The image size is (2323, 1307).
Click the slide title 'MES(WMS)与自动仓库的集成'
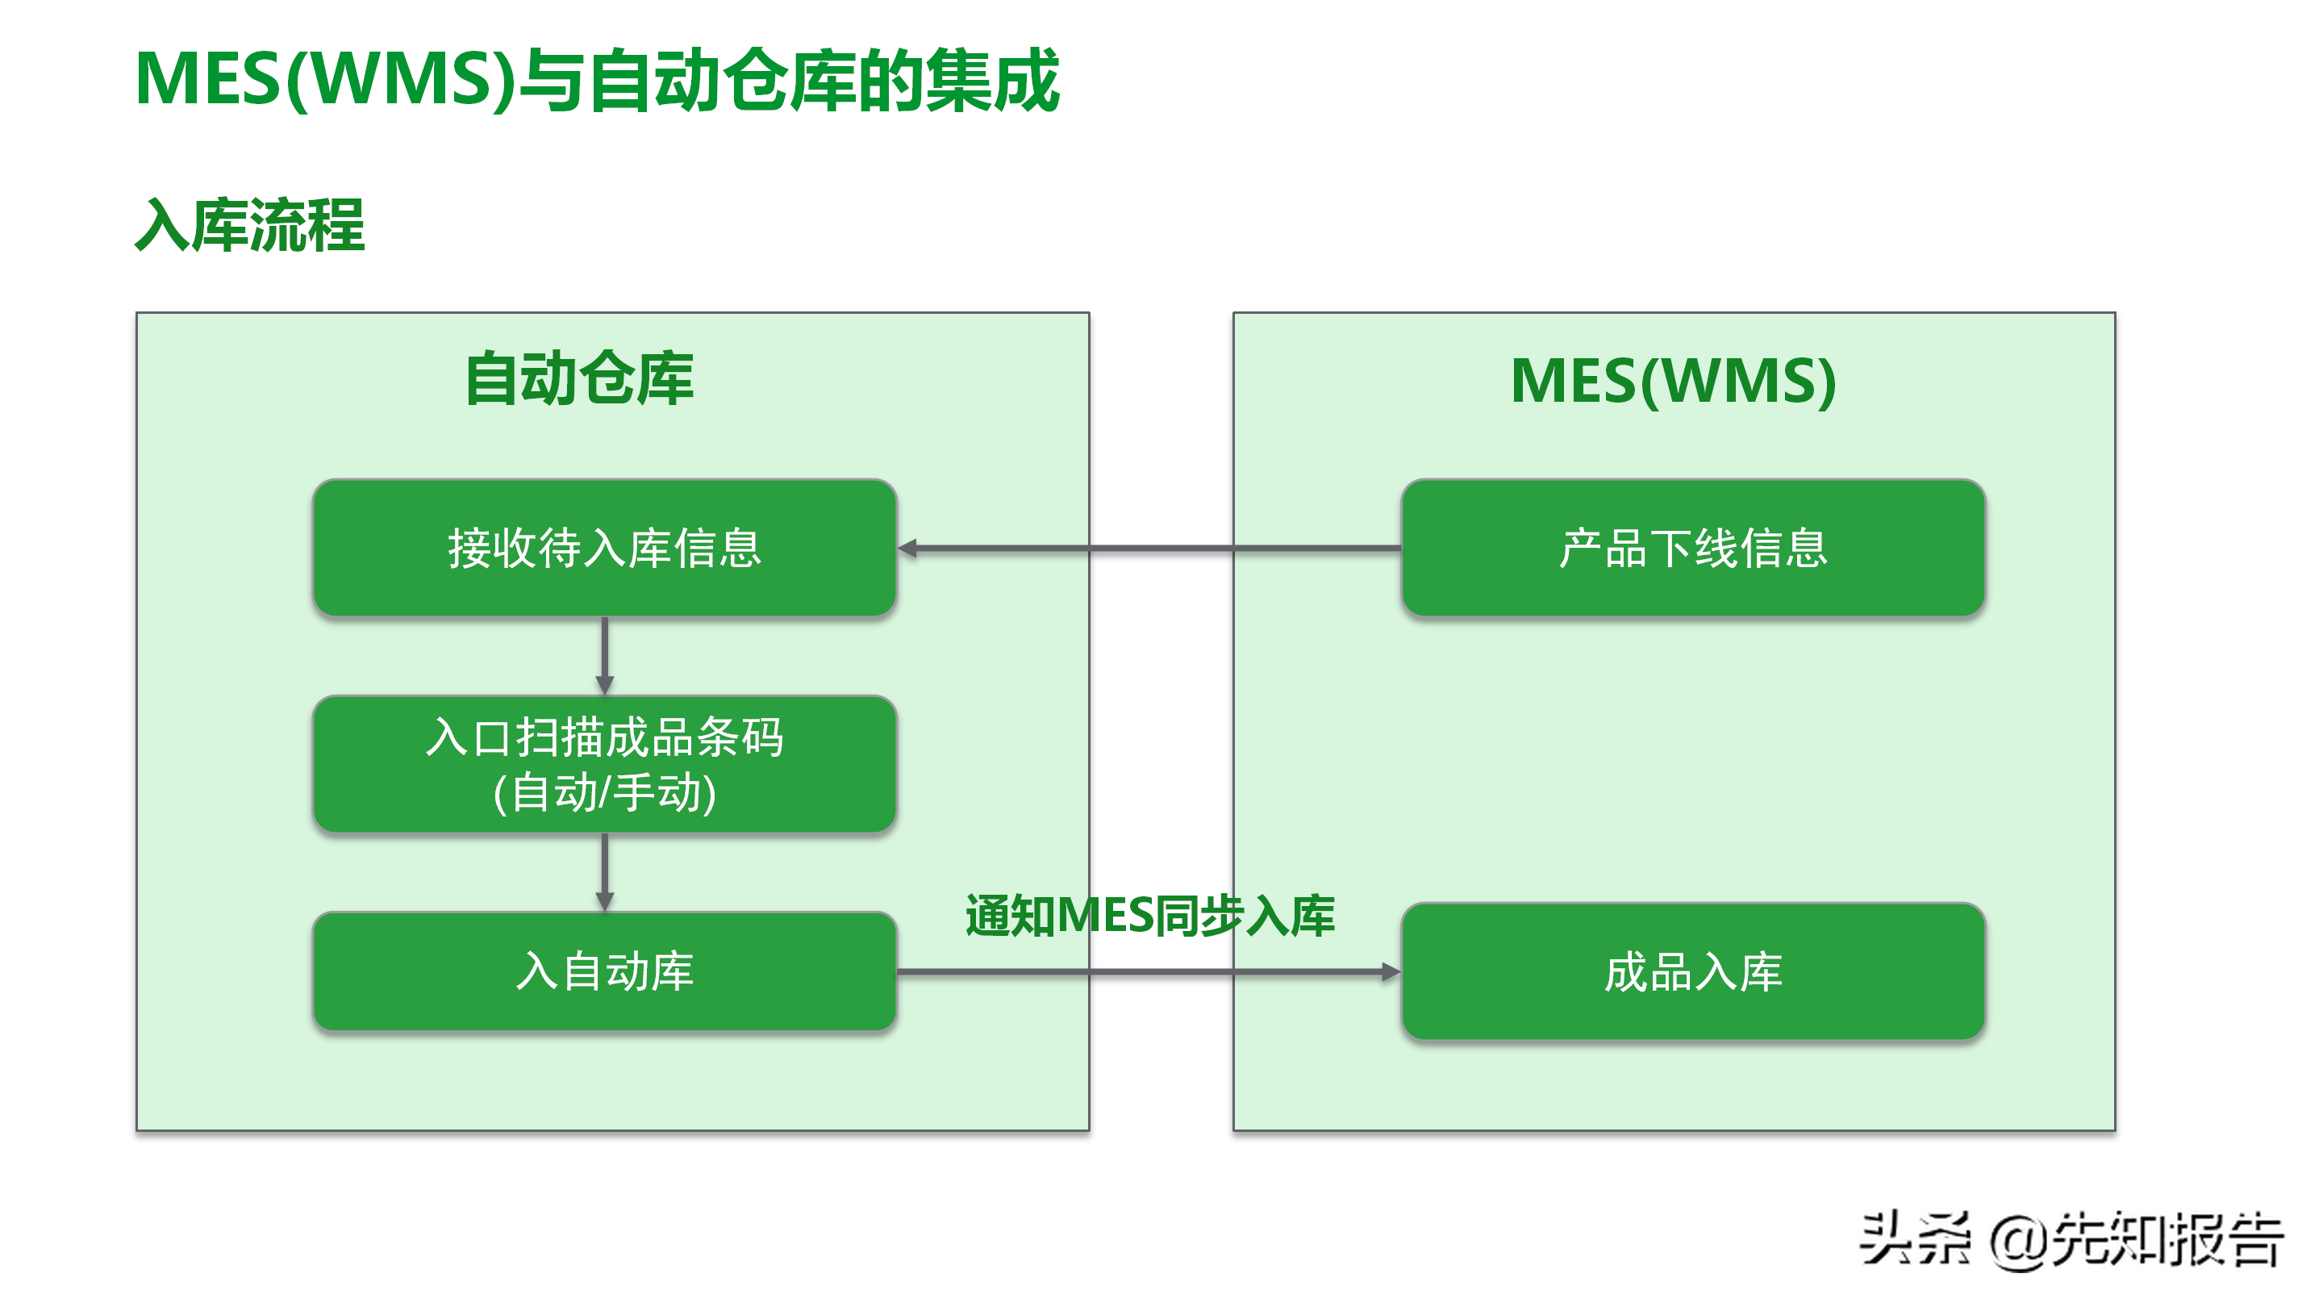coord(596,81)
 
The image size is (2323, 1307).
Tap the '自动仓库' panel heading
coord(579,379)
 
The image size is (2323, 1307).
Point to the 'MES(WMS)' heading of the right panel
coord(1673,381)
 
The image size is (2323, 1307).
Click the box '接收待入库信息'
coord(604,548)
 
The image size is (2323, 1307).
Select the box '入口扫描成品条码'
coord(604,763)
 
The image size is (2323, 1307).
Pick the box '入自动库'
coord(604,971)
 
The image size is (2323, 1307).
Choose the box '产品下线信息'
coord(1693,548)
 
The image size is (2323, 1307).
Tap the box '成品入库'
coord(1693,971)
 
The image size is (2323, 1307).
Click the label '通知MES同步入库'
coord(1149,916)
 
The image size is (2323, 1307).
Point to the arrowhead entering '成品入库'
coord(1391,971)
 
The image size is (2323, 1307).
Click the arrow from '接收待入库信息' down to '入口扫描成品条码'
coord(604,654)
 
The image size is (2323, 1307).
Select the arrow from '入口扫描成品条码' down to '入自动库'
coord(604,871)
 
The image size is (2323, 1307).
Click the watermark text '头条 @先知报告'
coord(2071,1239)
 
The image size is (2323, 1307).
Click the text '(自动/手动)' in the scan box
coord(604,793)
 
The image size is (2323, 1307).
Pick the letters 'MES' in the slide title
coord(208,81)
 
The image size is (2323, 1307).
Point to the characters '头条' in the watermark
coord(1913,1239)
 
